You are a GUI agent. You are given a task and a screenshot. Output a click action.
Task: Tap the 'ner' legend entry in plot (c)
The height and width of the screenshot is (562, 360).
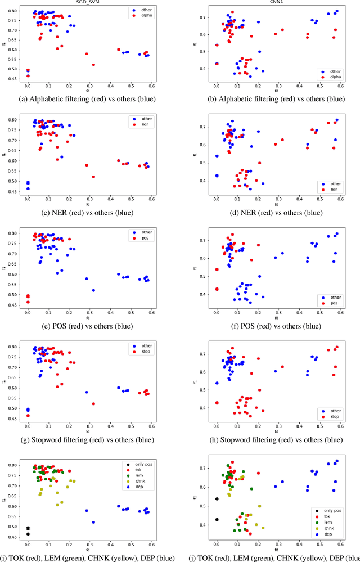point(146,127)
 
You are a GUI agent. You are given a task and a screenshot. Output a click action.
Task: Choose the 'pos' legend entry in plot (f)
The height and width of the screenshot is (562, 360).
point(335,304)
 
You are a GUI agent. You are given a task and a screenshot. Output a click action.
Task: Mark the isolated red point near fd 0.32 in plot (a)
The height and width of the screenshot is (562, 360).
point(93,65)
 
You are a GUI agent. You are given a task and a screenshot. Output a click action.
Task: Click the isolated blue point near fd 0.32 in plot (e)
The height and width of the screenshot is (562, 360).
point(93,290)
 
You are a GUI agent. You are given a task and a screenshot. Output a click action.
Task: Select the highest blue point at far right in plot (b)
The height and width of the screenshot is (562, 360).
point(337,11)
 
